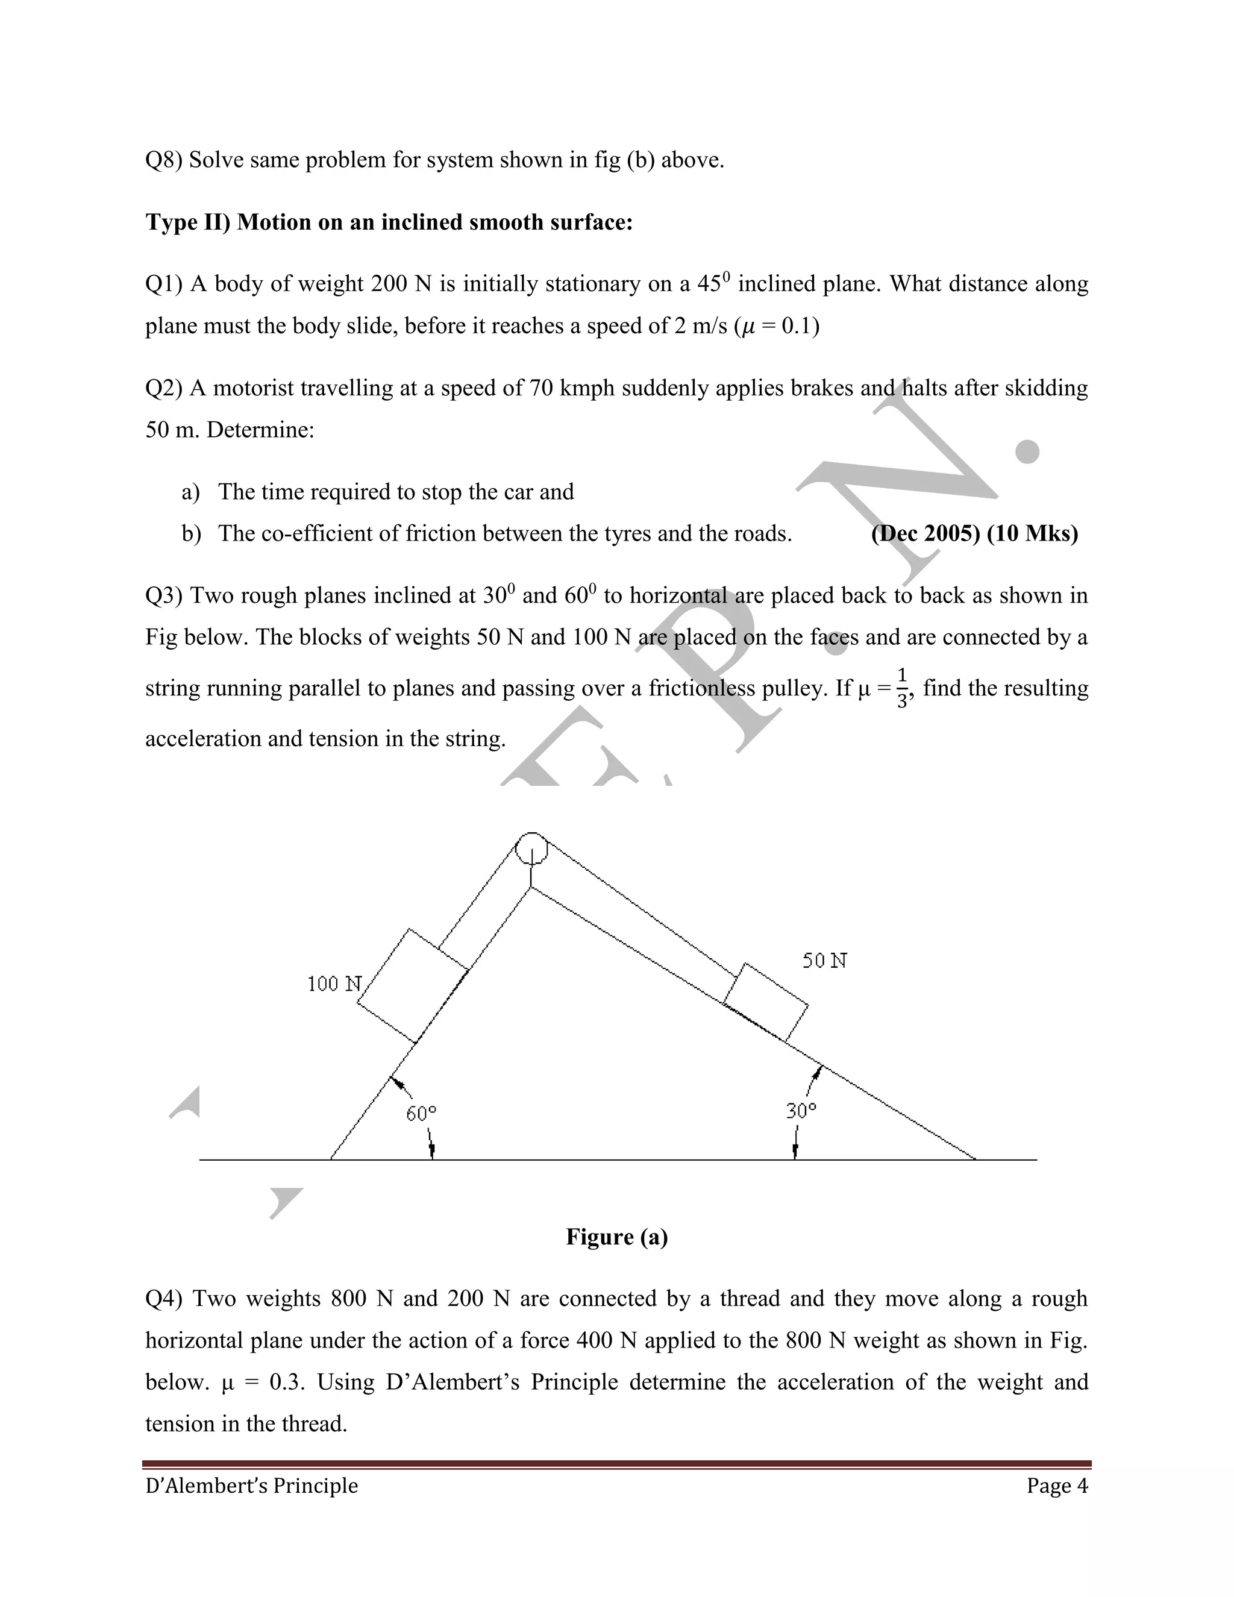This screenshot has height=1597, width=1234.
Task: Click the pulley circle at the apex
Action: tap(531, 849)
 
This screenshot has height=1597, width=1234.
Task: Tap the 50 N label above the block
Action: tap(825, 961)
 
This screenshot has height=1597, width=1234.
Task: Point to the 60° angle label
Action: tap(421, 1114)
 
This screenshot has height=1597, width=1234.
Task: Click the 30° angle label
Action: tap(801, 1111)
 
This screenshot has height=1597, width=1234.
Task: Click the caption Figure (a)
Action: tap(616, 1237)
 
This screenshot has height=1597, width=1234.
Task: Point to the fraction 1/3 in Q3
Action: tap(903, 688)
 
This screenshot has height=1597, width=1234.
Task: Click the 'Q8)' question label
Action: tap(164, 160)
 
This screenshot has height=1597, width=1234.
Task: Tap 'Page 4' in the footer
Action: tap(1056, 1486)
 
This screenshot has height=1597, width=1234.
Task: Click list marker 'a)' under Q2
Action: tap(191, 492)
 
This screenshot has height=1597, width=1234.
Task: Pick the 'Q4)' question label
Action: tap(164, 1299)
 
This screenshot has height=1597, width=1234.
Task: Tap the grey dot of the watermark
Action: tap(1028, 451)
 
